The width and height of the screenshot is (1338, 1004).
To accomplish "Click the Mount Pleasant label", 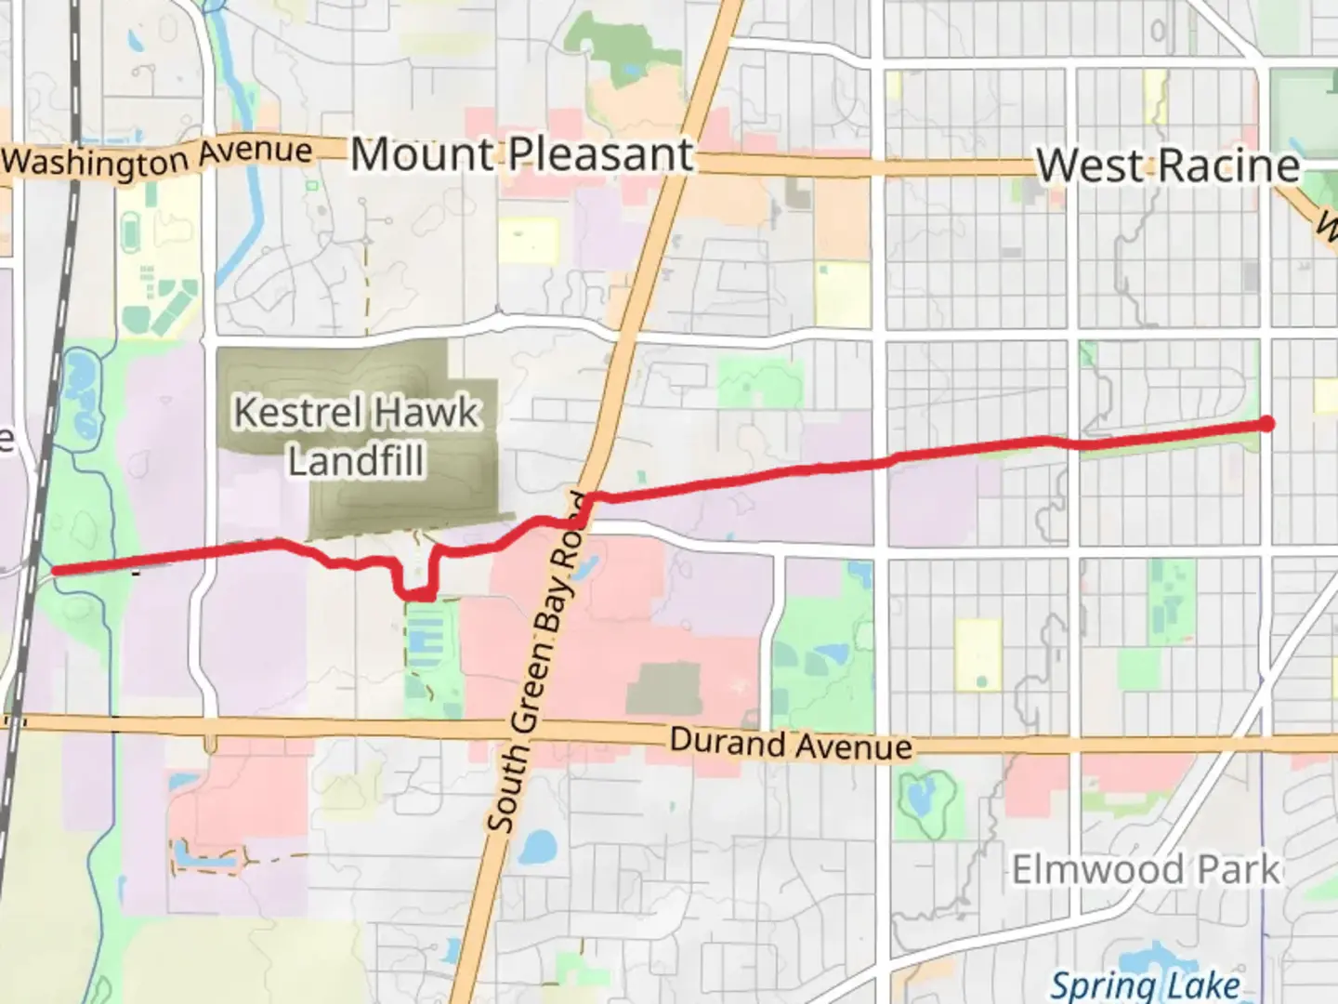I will tap(522, 154).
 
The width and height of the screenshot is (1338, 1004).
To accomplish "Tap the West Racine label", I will tap(1167, 165).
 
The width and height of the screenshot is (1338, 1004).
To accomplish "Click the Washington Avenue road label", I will tap(158, 159).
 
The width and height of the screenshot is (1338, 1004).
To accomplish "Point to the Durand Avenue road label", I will tap(790, 744).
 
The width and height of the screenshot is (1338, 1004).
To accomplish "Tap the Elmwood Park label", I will tap(1145, 870).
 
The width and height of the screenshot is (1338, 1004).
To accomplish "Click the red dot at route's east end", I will tap(1266, 424).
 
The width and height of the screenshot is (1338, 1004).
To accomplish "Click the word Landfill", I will tap(356, 460).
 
